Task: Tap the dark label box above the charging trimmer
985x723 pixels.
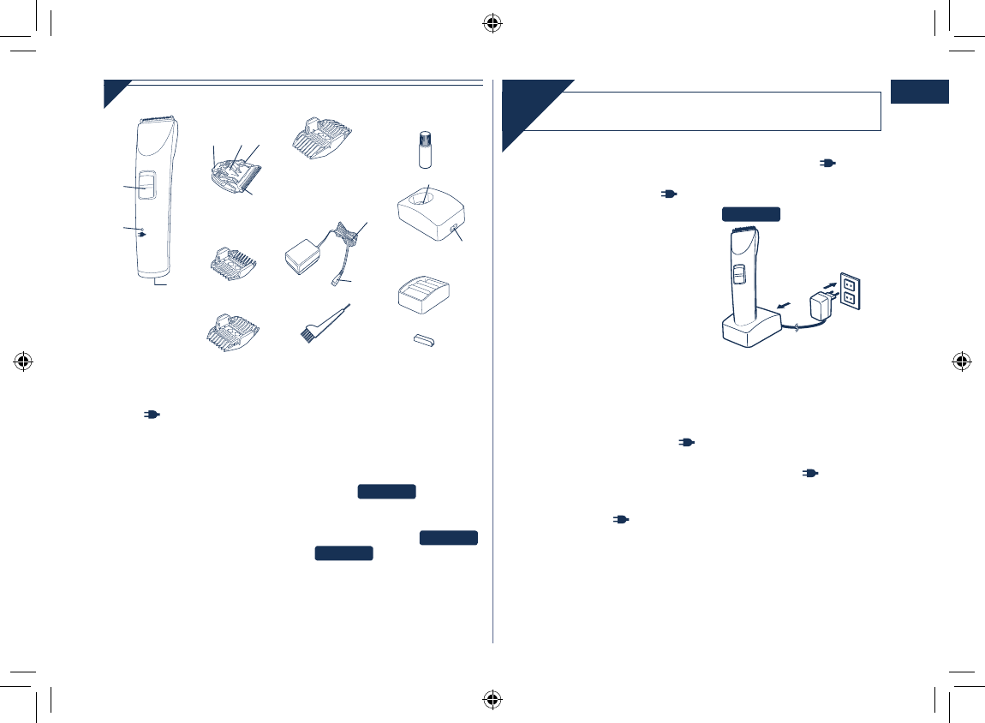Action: (750, 214)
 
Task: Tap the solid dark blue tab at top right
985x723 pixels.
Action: (920, 92)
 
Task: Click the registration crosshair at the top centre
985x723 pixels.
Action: (492, 23)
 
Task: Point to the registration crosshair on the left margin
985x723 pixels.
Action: (24, 361)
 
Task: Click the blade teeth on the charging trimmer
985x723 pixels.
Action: (742, 230)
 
